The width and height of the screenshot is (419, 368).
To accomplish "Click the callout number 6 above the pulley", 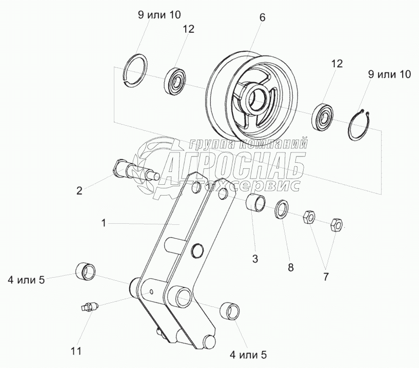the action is click(263, 17).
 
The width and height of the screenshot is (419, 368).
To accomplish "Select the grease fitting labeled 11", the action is click(90, 306).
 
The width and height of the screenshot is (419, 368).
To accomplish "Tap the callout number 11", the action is click(76, 351).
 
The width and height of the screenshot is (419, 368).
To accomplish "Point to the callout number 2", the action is click(79, 191).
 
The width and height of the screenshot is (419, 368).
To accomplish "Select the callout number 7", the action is click(326, 277).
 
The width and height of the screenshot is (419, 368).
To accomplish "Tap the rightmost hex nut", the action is click(337, 225).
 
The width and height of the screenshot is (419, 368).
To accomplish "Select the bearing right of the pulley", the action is click(323, 116).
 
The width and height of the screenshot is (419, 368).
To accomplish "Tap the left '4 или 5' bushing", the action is click(86, 272).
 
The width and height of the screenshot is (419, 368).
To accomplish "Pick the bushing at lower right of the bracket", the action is click(230, 311).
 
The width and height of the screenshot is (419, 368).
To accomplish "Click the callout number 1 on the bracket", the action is click(104, 223).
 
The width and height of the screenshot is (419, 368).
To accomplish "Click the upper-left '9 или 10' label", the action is click(159, 15).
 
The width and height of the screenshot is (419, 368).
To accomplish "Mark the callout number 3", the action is click(255, 259).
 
